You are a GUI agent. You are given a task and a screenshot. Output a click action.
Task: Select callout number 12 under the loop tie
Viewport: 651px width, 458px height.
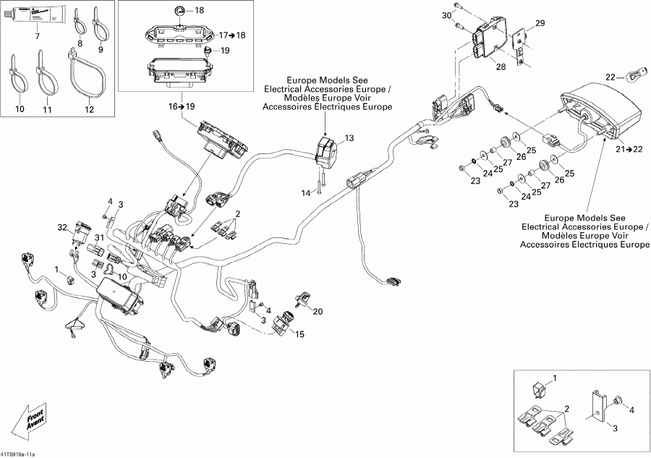(89, 109)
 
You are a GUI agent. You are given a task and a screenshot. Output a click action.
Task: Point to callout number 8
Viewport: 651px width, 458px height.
(80, 43)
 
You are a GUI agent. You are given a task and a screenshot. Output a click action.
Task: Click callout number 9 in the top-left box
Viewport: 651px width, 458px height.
(101, 49)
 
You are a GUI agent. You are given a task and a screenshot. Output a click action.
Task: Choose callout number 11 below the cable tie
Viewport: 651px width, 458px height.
(48, 109)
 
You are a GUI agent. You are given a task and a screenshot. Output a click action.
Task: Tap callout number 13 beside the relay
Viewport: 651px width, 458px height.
(350, 137)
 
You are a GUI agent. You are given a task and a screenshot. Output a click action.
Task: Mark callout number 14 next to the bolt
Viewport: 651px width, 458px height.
(305, 192)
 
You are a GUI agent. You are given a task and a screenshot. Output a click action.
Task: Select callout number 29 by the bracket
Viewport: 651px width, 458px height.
(540, 25)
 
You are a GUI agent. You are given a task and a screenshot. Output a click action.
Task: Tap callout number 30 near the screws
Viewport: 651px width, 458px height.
(446, 14)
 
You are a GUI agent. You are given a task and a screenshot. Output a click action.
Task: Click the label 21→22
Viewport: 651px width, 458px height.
(626, 149)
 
